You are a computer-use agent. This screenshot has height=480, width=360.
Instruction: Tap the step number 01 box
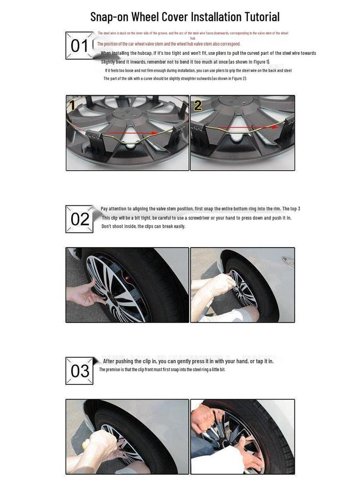click(79, 45)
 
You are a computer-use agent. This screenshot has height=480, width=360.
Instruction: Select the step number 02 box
click(79, 219)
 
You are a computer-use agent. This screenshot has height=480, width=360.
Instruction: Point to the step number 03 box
click(79, 371)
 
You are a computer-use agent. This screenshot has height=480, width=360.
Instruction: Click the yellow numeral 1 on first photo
click(71, 105)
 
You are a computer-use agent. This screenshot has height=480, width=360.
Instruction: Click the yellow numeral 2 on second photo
click(198, 105)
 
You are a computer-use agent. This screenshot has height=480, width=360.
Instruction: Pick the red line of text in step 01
click(169, 44)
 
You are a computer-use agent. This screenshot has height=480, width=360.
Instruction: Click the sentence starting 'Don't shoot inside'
click(143, 226)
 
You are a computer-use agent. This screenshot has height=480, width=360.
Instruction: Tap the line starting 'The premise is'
click(162, 369)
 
